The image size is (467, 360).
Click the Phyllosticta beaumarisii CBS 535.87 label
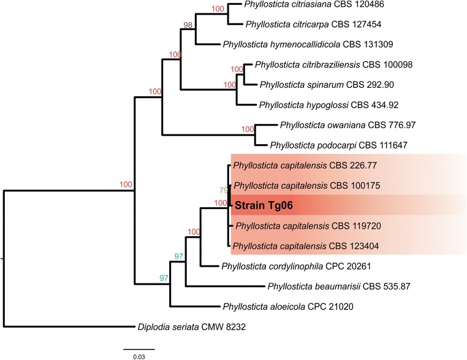(x=332, y=286)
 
